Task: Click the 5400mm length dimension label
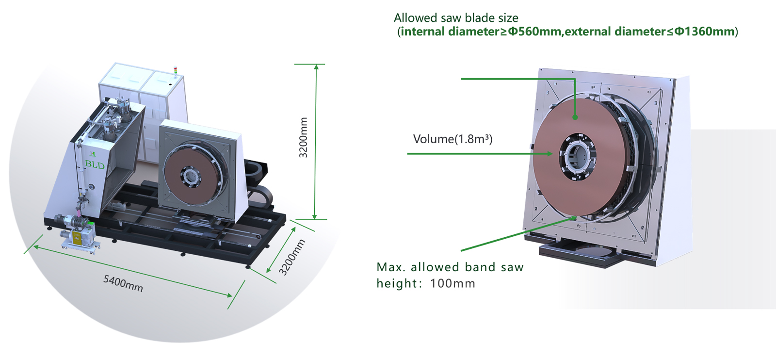[123, 283]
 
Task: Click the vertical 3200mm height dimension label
[303, 137]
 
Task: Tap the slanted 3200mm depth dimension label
[291, 257]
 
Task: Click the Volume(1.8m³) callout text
[453, 139]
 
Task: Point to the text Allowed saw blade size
[456, 18]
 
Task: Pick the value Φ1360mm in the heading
[704, 32]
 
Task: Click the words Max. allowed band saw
[450, 267]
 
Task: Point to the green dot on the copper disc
[575, 117]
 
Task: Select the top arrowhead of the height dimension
[316, 67]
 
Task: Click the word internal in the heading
[422, 32]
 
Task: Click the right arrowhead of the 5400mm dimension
[230, 295]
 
